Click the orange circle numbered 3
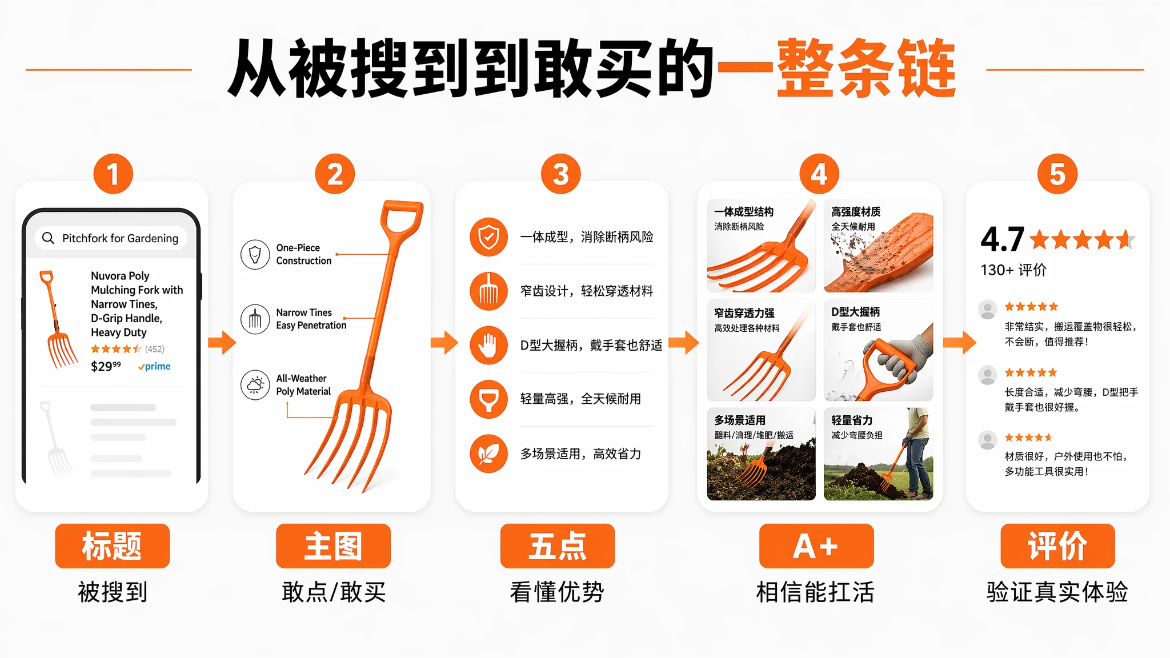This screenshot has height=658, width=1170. point(560,174)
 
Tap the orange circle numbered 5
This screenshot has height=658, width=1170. point(1057,174)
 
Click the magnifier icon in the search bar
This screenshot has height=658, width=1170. point(49,238)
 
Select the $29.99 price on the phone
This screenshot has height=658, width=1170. point(106,366)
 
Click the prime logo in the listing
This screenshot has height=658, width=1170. point(154,366)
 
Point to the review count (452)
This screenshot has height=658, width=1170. point(154,348)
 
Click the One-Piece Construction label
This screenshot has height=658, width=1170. point(303,254)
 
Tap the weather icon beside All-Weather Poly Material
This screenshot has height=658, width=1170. point(255,384)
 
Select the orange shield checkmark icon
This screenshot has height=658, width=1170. point(488,236)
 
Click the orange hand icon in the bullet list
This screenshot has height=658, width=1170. point(488,345)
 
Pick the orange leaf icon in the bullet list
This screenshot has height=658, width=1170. point(488,454)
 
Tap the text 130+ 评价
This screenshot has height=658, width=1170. point(1013,270)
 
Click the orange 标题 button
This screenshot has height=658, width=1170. point(112,545)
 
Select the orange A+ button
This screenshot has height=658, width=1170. point(816,545)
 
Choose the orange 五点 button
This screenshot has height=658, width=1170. point(558,545)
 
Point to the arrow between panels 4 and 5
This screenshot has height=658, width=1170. point(960,343)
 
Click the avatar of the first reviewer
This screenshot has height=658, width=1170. point(987,309)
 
